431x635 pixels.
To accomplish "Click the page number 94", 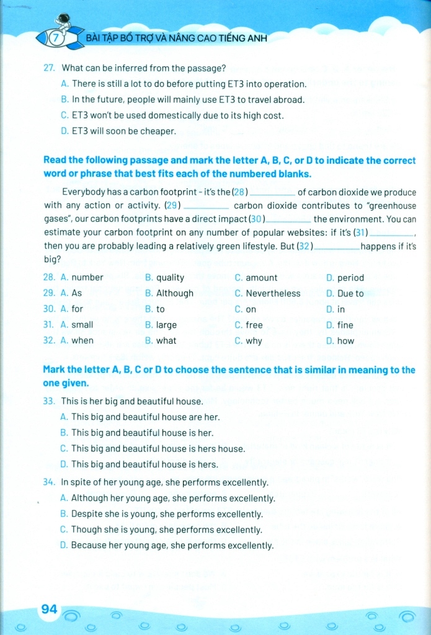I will (49, 610).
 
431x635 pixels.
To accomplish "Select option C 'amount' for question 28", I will (261, 278).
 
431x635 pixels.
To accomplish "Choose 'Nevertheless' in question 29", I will (273, 293).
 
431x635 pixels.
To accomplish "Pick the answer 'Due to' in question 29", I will (350, 293).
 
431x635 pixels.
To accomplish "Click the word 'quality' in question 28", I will (170, 278).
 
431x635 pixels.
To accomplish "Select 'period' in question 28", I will (350, 278).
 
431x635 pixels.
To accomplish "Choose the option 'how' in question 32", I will (345, 340).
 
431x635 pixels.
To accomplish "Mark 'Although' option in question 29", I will (175, 293).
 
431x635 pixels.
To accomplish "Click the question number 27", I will (50, 68).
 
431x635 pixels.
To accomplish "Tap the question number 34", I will (50, 482).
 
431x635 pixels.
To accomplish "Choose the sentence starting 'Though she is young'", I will (166, 530).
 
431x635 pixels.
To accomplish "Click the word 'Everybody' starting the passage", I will (84, 192).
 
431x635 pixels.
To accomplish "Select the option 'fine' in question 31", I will (345, 325).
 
